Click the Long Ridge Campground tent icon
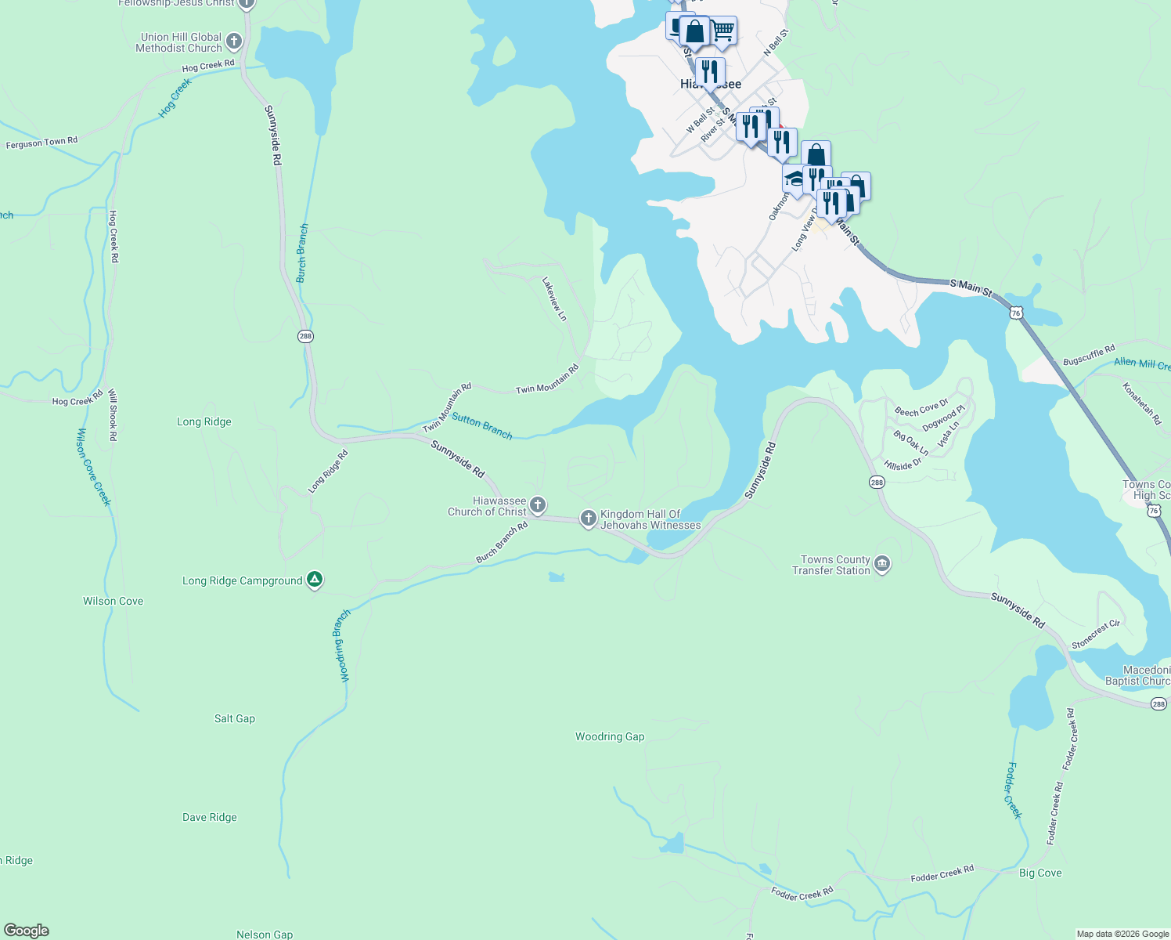point(314,580)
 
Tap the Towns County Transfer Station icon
point(882,565)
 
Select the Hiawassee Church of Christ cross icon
point(538,504)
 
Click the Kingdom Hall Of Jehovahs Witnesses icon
point(589,519)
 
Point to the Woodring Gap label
point(610,736)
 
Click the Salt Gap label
point(235,718)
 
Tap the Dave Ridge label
point(210,817)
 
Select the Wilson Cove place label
point(113,601)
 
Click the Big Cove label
point(1040,873)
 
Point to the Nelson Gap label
point(265,934)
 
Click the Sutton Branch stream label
point(482,427)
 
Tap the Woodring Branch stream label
point(341,646)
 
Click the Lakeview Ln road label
point(554,298)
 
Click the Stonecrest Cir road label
point(1096,634)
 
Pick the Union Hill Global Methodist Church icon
point(234,41)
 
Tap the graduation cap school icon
point(794,180)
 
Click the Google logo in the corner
point(27,931)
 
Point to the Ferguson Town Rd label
point(41,143)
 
